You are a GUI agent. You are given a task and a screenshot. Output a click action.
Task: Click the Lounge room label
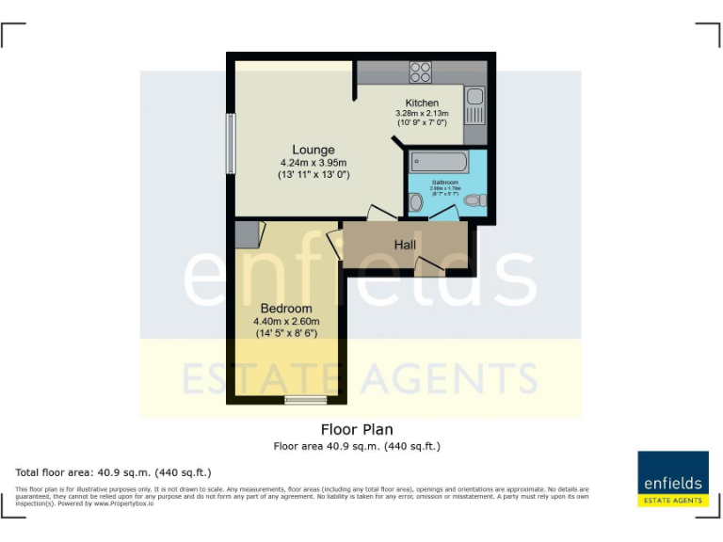313,150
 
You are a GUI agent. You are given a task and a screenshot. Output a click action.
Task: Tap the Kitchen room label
422,103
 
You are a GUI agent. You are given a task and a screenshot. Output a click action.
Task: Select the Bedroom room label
285,309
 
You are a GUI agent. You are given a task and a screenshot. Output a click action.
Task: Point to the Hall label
405,245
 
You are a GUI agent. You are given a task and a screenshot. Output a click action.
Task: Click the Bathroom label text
445,182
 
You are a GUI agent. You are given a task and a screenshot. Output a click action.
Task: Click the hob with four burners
421,72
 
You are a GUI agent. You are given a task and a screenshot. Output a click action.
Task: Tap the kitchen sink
474,96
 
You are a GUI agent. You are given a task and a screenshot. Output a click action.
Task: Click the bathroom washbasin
415,200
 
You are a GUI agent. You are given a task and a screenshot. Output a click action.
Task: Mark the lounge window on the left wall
230,143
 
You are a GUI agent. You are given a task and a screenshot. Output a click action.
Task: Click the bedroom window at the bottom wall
301,401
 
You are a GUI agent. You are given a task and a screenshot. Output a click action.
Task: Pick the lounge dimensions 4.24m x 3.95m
313,163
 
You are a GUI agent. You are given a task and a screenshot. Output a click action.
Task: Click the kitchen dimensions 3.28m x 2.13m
422,114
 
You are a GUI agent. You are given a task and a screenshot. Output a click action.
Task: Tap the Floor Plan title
357,430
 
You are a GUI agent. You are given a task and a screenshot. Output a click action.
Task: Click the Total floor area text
113,471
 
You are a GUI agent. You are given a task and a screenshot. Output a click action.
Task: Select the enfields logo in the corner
672,479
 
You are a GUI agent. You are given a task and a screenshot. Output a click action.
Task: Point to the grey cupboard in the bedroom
246,232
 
